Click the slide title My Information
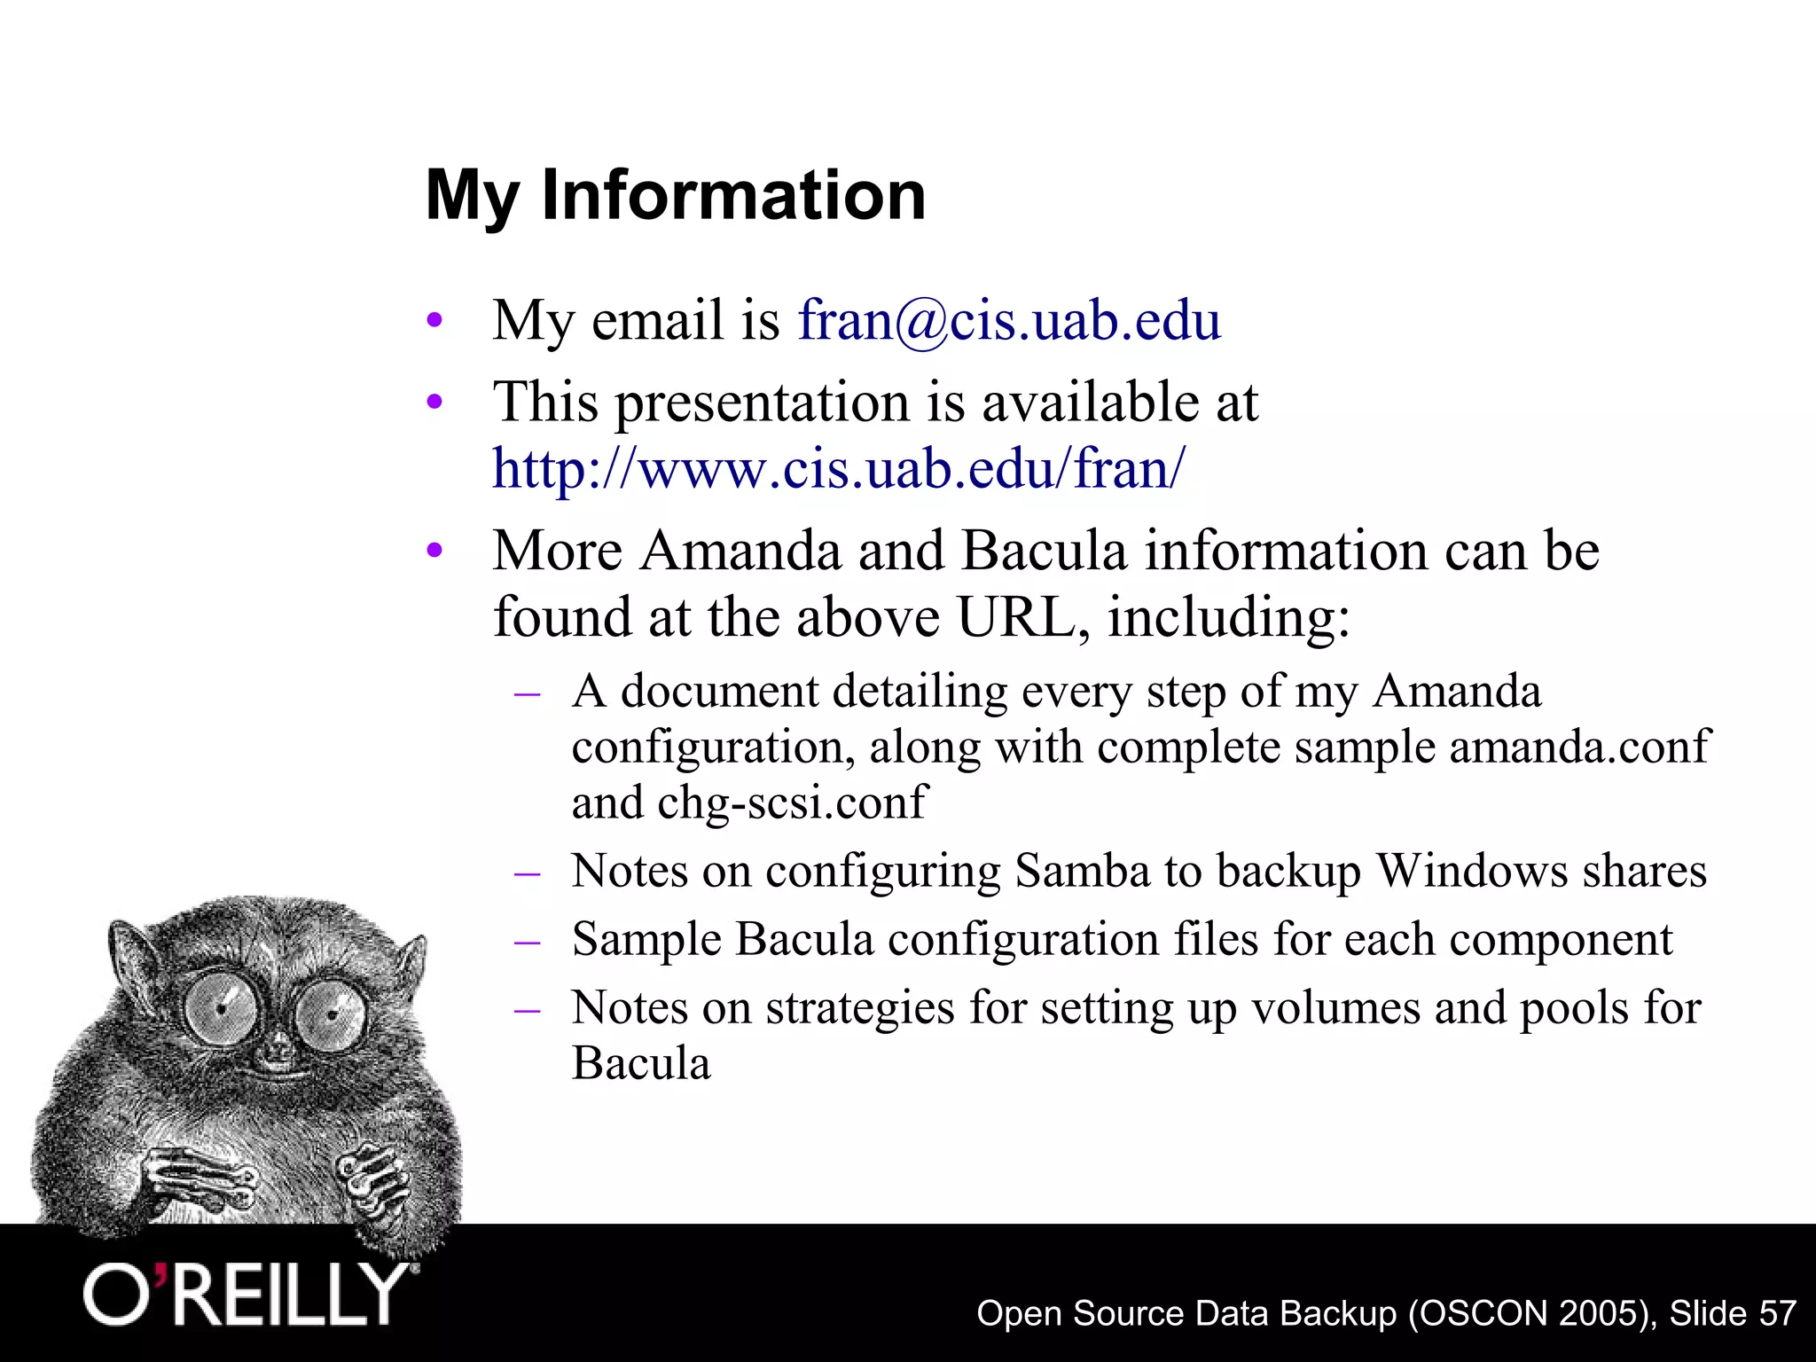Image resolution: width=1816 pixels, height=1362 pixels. click(x=676, y=195)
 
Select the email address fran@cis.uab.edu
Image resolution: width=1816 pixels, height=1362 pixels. click(x=1009, y=320)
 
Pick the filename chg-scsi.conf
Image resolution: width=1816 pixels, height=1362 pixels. click(x=792, y=802)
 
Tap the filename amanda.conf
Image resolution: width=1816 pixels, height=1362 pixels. click(x=1578, y=747)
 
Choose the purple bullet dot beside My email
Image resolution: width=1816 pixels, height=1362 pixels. click(x=434, y=321)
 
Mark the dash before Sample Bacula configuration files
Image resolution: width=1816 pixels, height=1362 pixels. click(x=528, y=941)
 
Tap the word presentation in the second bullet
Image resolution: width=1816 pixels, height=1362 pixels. click(x=763, y=403)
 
